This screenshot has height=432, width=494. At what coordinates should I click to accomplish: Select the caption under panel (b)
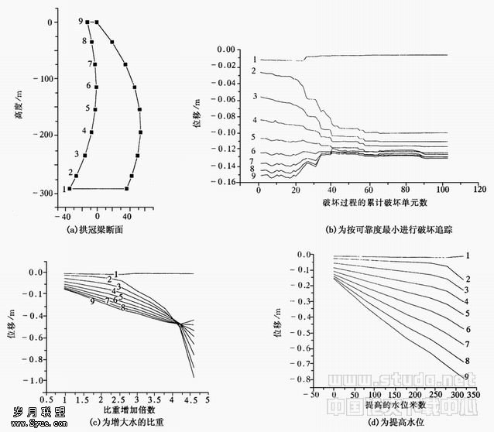pos(363,230)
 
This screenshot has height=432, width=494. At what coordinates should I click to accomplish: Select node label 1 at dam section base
pos(63,188)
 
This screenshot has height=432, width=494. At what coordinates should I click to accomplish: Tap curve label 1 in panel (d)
pos(468,255)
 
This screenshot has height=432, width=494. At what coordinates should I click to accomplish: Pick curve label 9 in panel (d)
pos(466,376)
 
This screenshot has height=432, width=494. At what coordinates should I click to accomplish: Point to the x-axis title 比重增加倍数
pos(129,409)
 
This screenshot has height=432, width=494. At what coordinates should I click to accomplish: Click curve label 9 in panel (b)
pos(254,177)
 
